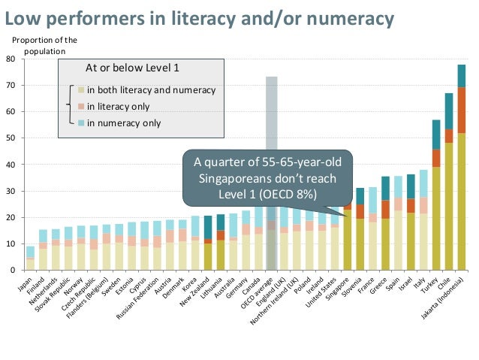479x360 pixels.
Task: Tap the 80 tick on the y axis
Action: (x=20, y=59)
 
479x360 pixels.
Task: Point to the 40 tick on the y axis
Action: (x=20, y=165)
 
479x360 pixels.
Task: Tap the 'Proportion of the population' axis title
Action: (x=45, y=46)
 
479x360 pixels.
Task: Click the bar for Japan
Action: (x=30, y=259)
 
